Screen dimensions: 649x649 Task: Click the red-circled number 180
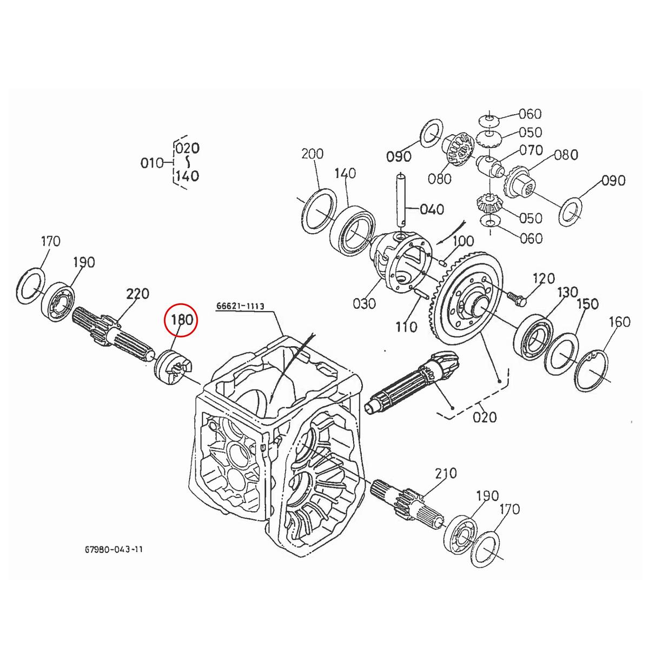pos(182,320)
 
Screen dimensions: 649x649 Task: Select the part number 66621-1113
pos(240,306)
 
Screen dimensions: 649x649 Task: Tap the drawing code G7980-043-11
pos(114,549)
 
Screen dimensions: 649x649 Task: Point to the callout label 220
pos(137,294)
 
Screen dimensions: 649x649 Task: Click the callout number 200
pos(312,154)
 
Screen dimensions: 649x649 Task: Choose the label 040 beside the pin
pos(432,209)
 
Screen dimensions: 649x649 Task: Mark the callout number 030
pos(364,303)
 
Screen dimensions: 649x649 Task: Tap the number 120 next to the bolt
pos(543,279)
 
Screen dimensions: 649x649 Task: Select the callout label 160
pos(619,322)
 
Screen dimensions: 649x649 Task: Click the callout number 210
pos(445,474)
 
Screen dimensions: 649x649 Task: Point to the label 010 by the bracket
pos(151,163)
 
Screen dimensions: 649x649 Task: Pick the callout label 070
pos(531,149)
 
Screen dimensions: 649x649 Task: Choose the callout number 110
pos(406,326)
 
